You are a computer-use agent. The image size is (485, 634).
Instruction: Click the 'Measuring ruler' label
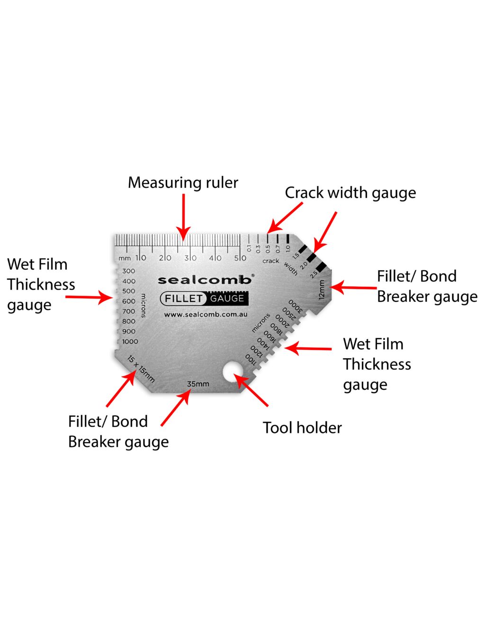183,183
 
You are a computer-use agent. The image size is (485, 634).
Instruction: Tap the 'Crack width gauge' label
350,193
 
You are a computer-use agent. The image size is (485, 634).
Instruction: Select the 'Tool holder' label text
302,428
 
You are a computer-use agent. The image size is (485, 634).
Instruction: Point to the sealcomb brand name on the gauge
205,280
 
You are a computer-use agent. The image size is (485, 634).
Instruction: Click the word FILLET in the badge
183,299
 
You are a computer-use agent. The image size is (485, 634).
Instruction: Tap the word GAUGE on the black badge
227,299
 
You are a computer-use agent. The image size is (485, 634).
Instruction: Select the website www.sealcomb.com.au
206,314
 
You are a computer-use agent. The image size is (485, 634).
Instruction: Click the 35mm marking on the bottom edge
198,384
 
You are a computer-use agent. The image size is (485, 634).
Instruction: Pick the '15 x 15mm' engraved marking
141,369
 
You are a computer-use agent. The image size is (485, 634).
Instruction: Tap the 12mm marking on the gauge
322,290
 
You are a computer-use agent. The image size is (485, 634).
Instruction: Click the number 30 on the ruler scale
190,258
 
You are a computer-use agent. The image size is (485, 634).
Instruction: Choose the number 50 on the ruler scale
240,258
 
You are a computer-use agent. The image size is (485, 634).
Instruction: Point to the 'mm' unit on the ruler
125,258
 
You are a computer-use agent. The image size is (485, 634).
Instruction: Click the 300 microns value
129,271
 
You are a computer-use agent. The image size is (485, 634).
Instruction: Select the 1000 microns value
130,342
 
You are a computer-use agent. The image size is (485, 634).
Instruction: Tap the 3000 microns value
295,306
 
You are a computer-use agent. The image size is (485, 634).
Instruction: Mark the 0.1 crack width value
249,247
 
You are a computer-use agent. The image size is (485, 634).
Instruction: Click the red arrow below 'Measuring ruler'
183,215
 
